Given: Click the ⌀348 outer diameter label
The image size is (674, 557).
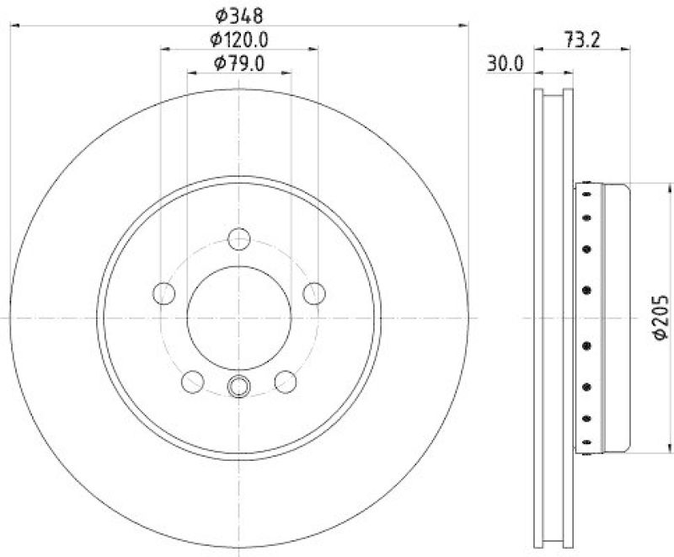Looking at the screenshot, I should [x=239, y=14].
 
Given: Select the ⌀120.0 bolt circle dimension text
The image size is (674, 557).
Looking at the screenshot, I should [x=239, y=39].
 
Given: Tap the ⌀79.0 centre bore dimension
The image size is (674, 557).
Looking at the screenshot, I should [x=239, y=62].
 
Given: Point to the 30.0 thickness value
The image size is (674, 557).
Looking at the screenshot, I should [x=505, y=62].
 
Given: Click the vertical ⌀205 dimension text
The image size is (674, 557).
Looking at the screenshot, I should [x=661, y=318].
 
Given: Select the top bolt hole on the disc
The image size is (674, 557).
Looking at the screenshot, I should [x=239, y=238].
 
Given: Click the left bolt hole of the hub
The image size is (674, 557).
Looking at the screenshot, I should [x=163, y=293].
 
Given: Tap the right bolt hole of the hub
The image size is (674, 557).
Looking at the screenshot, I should [x=315, y=293].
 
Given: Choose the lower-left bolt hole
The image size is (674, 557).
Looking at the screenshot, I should [x=192, y=382].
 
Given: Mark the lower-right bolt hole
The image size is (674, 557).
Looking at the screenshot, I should [x=286, y=382].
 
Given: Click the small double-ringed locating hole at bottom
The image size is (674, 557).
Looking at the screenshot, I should [x=239, y=386].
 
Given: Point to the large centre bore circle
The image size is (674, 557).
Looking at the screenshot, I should [x=239, y=318].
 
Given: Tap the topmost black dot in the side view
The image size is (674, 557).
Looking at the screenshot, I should [x=586, y=193].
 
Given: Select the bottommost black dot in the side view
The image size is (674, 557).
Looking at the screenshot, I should [x=586, y=442].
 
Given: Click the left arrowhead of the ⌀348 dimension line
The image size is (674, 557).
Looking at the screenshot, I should [x=14, y=26].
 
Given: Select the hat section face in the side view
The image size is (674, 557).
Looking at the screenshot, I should [x=615, y=318].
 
